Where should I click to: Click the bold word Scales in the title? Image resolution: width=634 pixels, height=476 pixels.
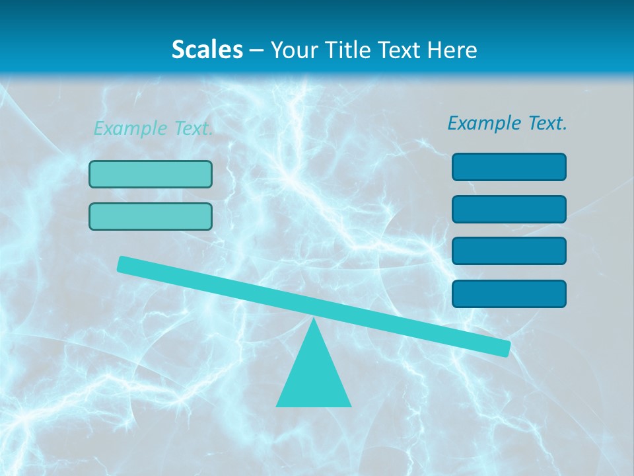(207, 50)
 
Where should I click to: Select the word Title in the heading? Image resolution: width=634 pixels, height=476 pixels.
(349, 50)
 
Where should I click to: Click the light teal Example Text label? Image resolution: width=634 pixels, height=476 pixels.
(153, 128)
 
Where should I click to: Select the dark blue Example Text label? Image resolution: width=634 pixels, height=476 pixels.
(507, 123)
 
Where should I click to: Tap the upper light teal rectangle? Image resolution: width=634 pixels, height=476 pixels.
(151, 175)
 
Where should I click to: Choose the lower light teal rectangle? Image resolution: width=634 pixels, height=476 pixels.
(151, 217)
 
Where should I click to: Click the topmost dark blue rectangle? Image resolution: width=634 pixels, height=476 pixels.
(509, 167)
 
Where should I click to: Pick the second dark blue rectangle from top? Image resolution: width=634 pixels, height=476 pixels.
(509, 209)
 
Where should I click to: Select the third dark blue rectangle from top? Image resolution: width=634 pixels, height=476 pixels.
(509, 251)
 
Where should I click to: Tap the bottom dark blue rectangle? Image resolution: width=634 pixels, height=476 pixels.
(509, 294)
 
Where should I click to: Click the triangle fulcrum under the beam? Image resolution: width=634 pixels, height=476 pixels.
(314, 377)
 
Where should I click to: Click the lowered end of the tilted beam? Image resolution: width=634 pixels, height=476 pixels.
(505, 348)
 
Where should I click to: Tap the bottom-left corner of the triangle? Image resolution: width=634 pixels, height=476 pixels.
(277, 405)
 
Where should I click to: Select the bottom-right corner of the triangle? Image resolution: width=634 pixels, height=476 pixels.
(350, 405)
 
